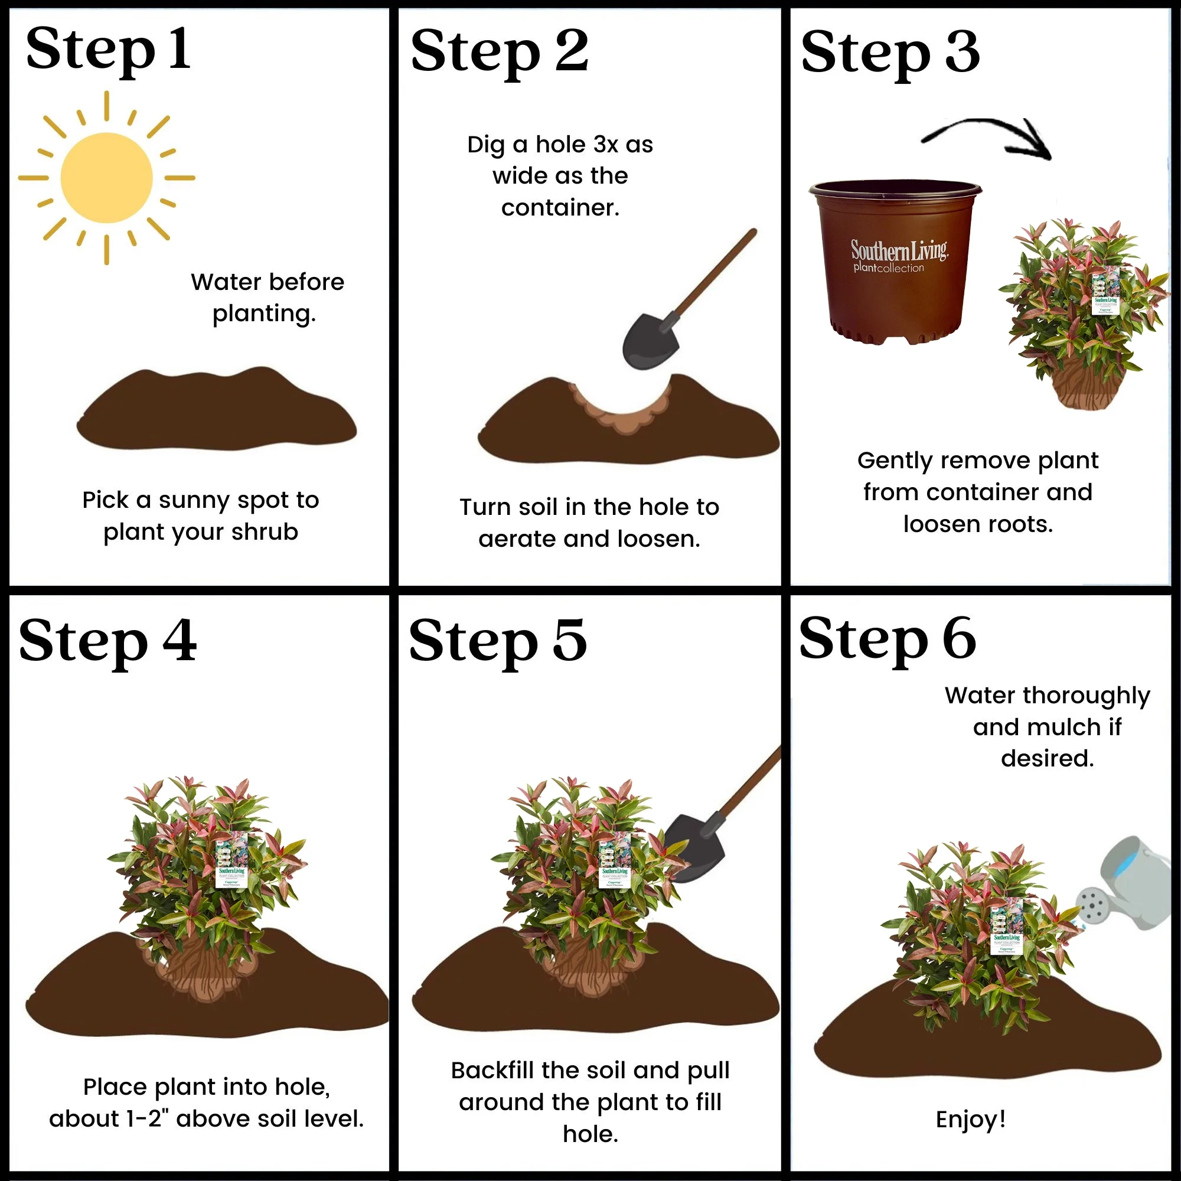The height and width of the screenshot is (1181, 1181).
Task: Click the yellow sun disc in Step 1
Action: pos(106,178)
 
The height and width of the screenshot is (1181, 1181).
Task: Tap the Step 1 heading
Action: pos(108,50)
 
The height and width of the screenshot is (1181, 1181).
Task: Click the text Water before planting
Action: pos(267,298)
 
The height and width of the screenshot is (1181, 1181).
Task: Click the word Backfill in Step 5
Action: pos(492,1071)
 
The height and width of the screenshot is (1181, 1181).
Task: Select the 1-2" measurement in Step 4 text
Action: pos(147,1119)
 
